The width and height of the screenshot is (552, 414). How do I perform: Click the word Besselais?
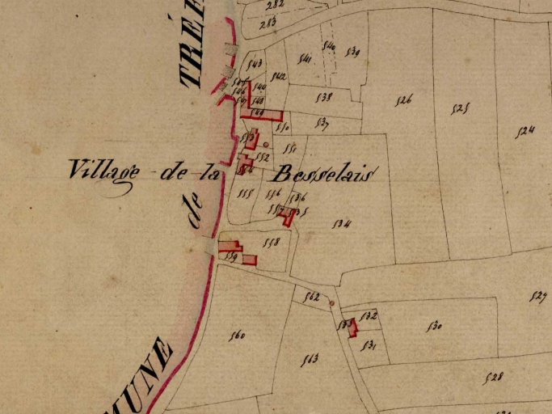click(322, 173)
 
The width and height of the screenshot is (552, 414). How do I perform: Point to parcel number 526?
click(404, 100)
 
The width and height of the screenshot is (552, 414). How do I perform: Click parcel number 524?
click(526, 131)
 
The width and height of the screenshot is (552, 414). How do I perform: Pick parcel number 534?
click(340, 224)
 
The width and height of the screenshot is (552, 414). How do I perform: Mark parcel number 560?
click(237, 336)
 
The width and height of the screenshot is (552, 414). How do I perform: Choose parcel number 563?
click(309, 359)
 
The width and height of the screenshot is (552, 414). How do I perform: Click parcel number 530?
click(434, 327)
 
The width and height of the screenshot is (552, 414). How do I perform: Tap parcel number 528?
click(493, 377)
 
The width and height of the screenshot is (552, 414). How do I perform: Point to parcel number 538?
click(324, 97)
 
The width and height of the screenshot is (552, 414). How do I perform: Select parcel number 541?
click(305, 57)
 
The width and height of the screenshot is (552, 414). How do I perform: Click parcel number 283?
click(268, 23)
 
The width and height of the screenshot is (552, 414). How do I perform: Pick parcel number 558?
click(272, 242)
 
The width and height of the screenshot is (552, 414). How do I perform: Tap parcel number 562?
click(311, 297)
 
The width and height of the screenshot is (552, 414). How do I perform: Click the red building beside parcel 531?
click(352, 327)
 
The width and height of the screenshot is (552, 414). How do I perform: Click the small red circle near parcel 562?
click(331, 304)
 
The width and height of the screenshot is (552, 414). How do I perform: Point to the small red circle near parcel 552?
click(265, 145)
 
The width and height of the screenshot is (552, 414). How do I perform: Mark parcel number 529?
click(539, 295)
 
